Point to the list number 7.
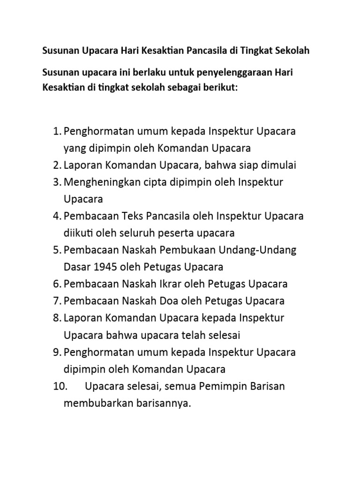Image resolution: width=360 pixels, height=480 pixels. pos(57,300)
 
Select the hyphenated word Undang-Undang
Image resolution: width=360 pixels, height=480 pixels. pos(255,250)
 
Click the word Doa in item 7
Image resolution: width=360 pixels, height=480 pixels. pos(158,300)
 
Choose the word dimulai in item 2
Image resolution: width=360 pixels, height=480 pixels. pos(279,165)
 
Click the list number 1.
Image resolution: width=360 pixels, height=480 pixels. pos(57,131)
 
